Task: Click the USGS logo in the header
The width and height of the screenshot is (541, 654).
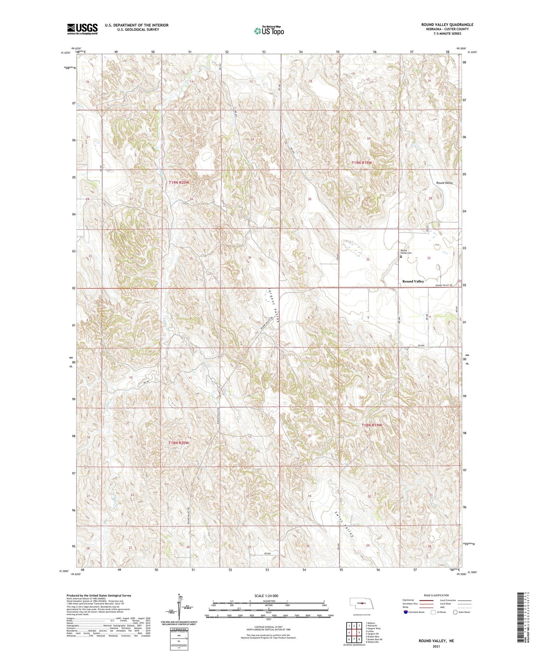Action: [x=82, y=29]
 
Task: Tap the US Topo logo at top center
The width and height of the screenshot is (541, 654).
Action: [x=269, y=31]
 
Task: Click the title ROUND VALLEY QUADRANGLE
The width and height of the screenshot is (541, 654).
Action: [x=447, y=25]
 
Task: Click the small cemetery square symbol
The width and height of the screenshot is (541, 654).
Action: [x=401, y=257]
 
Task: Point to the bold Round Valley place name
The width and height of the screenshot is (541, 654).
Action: [x=413, y=281]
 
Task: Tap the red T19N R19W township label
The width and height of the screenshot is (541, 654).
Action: [x=361, y=163]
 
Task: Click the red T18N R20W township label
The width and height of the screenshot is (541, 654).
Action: [x=179, y=442]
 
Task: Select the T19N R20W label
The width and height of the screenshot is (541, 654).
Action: [x=179, y=183]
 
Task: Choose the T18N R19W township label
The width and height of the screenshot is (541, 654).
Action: [x=371, y=425]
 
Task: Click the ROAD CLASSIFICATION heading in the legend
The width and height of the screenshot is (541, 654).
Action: [x=436, y=595]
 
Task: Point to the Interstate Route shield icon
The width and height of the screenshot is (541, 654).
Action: [x=406, y=612]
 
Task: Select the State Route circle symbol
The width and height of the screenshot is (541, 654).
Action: [x=455, y=612]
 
